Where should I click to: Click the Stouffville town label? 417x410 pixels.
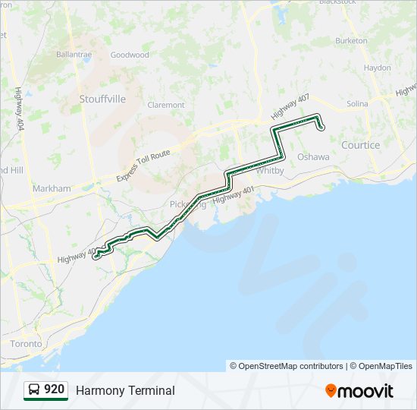[x=102, y=99]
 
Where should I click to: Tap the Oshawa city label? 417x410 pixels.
[x=313, y=156]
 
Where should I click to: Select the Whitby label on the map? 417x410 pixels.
[x=270, y=171]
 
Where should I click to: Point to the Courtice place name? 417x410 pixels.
[x=360, y=145]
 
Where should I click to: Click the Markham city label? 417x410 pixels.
[x=52, y=188]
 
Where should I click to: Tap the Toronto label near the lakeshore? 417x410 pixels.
[x=26, y=344]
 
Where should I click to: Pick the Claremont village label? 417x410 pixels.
[x=166, y=105]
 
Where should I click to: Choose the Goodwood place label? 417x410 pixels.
[x=130, y=55]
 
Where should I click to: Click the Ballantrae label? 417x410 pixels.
[x=74, y=55]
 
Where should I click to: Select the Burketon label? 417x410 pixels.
[x=351, y=40]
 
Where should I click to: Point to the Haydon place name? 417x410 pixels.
[x=378, y=68]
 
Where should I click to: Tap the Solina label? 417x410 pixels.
[x=357, y=103]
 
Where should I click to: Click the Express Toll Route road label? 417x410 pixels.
[x=143, y=166]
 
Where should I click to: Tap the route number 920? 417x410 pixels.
[x=55, y=389]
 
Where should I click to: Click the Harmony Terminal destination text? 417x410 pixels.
[x=125, y=390]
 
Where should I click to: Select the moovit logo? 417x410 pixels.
[x=359, y=391]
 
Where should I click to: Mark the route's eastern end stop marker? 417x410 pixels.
[x=321, y=127]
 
